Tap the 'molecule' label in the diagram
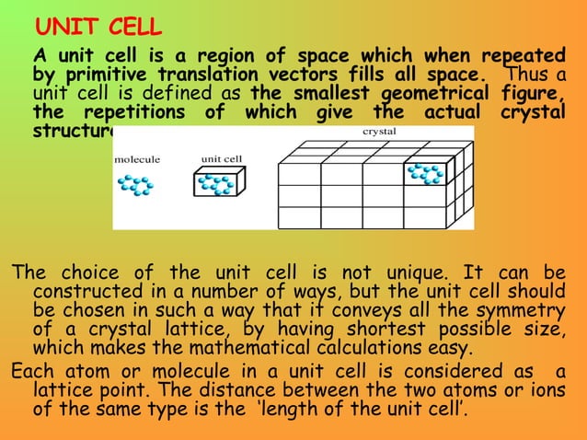point(136,159)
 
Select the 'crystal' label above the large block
point(373,133)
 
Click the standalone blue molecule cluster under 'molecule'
point(136,185)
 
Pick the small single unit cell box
point(218,184)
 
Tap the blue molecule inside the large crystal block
point(426,173)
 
